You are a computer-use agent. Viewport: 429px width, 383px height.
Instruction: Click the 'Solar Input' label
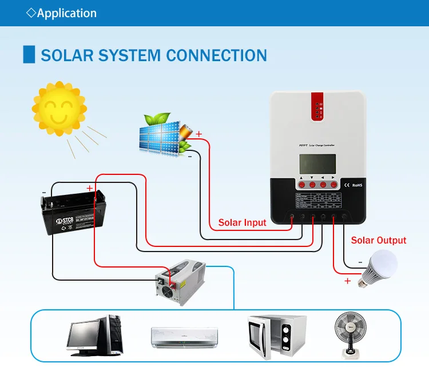pyautogui.click(x=243, y=222)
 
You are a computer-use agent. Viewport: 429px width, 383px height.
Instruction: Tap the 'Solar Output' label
pyautogui.click(x=378, y=241)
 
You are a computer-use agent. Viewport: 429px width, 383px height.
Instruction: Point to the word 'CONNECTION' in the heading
pyautogui.click(x=216, y=56)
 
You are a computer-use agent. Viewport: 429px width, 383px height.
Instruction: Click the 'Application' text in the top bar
pyautogui.click(x=66, y=13)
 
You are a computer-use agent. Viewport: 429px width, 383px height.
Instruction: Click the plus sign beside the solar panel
pyautogui.click(x=199, y=134)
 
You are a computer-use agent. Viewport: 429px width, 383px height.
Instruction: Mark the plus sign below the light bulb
pyautogui.click(x=347, y=281)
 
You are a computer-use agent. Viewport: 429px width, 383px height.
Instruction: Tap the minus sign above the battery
pyautogui.click(x=45, y=192)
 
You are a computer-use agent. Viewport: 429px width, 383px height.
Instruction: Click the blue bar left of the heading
pyautogui.click(x=26, y=55)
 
